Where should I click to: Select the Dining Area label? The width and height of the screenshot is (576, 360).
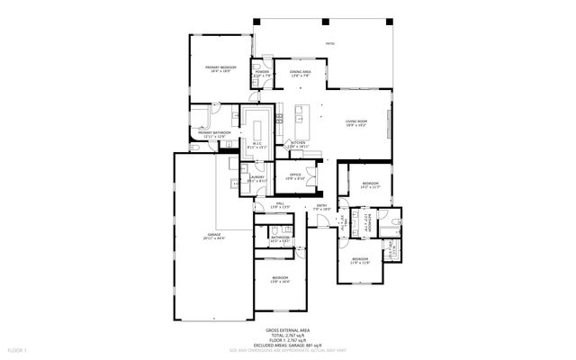301,72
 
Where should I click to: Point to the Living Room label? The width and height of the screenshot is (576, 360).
356,122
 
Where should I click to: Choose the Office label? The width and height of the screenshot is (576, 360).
295,176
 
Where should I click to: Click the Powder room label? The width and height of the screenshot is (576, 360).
263,72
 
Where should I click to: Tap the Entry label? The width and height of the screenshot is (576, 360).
322,206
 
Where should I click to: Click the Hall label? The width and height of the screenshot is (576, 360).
281,204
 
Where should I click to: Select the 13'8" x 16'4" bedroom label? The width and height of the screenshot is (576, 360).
280,278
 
